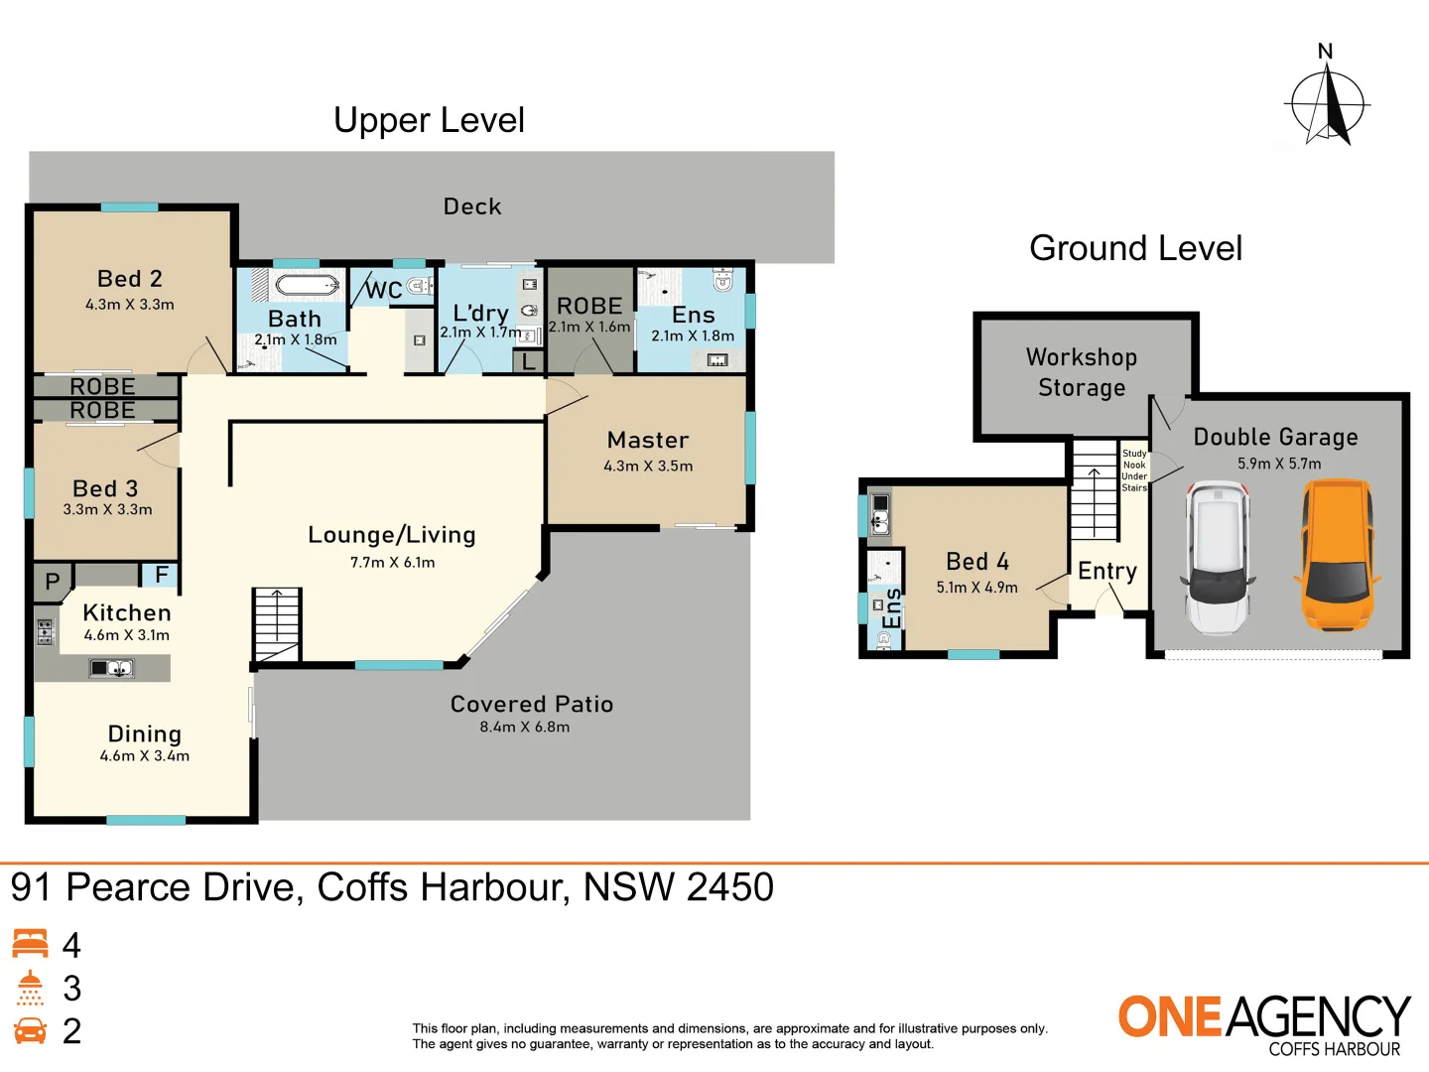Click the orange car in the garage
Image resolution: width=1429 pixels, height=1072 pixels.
1334,556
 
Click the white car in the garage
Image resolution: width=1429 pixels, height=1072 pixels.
1218,558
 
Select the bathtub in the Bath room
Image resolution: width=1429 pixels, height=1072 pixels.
307,286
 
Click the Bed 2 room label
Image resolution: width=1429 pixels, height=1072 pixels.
130,279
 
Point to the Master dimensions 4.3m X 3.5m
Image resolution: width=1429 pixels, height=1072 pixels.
648,466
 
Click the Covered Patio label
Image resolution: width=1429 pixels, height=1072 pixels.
532,704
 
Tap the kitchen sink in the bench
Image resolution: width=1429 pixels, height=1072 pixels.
112,668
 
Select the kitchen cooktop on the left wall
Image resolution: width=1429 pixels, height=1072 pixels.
46,631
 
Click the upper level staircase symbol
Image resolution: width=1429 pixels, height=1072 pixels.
277,624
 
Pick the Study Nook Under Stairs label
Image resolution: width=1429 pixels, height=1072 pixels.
1134,470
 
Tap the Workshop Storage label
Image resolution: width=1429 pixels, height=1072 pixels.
1082,372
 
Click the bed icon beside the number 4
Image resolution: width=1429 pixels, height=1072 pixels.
30,944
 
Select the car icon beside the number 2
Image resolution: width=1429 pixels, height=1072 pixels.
30,1030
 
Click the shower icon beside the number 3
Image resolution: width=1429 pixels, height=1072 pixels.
30,988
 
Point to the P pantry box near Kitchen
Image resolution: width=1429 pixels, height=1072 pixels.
53,582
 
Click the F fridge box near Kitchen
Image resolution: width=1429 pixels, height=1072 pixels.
161,575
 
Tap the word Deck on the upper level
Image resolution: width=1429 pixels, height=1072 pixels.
472,206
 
